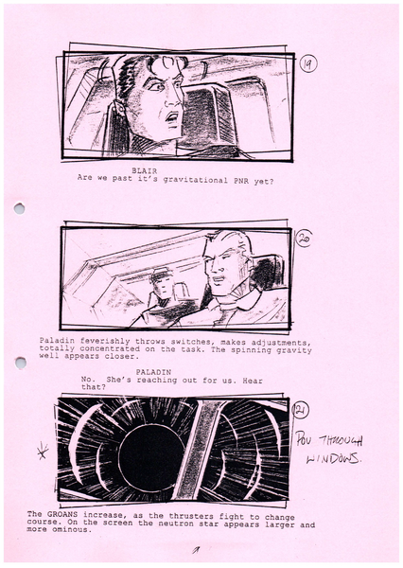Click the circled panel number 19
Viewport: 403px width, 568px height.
tap(309, 64)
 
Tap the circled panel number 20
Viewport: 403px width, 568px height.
tap(304, 238)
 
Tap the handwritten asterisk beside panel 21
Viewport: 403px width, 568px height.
tap(42, 452)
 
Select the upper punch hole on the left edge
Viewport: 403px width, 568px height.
tap(18, 208)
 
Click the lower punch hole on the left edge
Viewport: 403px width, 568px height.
tap(20, 363)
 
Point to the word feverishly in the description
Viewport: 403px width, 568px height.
tap(105, 340)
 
